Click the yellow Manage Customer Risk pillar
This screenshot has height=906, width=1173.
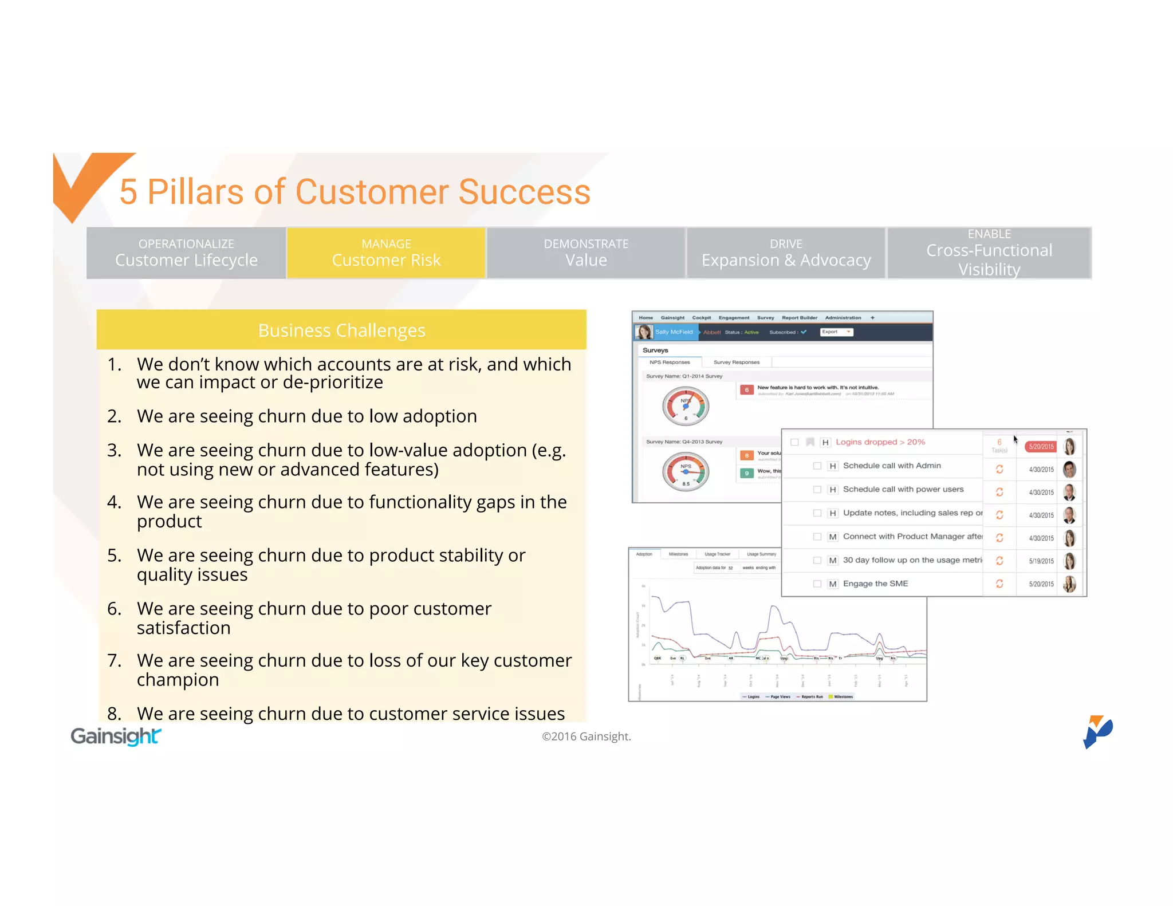[386, 253]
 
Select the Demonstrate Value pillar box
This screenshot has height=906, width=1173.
[586, 253]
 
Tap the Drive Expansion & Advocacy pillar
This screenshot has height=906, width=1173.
[786, 253]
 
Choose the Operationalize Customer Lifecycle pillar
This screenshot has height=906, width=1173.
[186, 253]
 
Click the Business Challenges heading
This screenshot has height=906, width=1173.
[341, 330]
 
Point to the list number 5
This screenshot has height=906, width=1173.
[114, 556]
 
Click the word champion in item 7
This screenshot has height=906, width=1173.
[178, 680]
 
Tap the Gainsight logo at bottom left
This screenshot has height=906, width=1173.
[116, 736]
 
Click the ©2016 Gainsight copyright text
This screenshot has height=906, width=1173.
[586, 736]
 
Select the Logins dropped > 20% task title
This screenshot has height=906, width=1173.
[880, 442]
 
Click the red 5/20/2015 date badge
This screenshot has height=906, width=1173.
[1041, 447]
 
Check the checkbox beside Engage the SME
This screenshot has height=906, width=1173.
[817, 584]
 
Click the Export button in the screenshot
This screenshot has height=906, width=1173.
[836, 332]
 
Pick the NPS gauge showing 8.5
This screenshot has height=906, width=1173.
[686, 472]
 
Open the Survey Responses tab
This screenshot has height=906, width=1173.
[736, 362]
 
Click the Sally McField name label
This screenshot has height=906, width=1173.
[674, 332]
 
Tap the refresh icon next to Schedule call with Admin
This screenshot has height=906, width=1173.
[999, 469]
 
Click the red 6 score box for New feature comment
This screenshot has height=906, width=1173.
[746, 390]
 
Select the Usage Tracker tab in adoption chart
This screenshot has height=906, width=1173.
[717, 554]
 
